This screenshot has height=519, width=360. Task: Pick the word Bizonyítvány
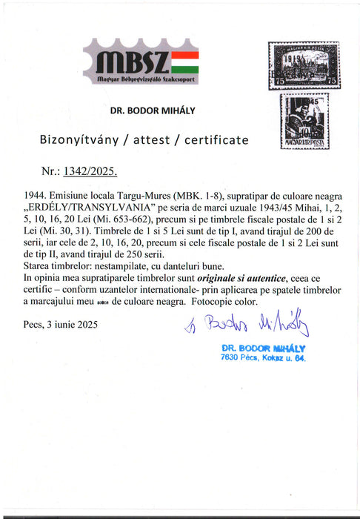(x=78, y=140)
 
